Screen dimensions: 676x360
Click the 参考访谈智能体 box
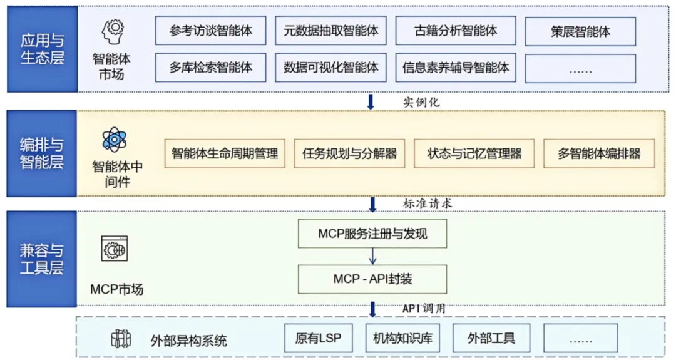(x=210, y=31)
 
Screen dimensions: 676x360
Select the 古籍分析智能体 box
(x=455, y=31)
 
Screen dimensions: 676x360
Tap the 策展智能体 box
(x=580, y=31)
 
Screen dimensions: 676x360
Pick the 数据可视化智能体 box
(x=330, y=67)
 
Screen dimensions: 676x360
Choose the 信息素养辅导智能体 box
(x=455, y=67)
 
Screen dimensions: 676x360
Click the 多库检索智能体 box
(x=210, y=67)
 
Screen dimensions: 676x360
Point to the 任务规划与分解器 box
(x=349, y=153)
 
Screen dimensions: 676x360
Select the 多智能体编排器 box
(x=599, y=153)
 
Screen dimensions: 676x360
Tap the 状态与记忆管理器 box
(x=474, y=153)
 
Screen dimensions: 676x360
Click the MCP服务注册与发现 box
(x=372, y=234)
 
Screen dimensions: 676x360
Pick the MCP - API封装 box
(x=372, y=279)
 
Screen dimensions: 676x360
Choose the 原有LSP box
(x=318, y=339)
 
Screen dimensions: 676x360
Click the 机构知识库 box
(x=402, y=339)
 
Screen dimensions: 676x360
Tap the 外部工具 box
(x=491, y=339)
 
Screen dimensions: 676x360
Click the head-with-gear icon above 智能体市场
(x=113, y=32)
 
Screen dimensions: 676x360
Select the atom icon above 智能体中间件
(x=115, y=139)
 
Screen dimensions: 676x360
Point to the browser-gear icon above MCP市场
(x=115, y=249)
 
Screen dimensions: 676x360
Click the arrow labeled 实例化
(x=371, y=102)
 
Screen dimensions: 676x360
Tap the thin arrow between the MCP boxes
(x=372, y=256)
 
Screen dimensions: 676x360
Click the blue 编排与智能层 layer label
(x=42, y=153)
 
